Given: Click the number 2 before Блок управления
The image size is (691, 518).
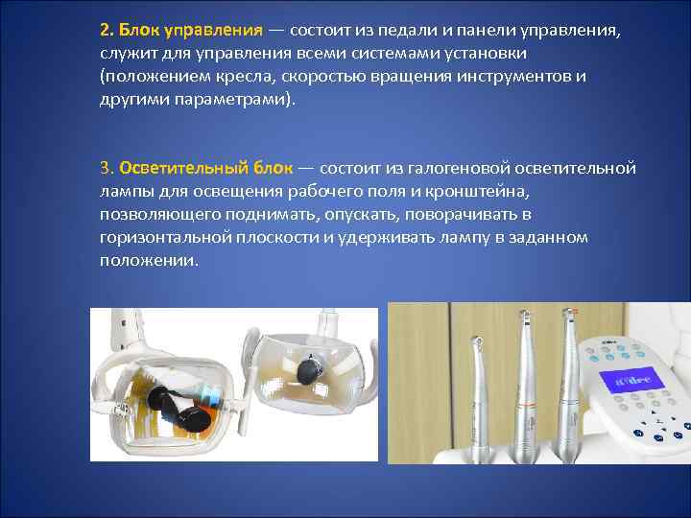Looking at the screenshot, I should [104, 29].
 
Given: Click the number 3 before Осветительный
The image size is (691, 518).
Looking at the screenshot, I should [104, 169].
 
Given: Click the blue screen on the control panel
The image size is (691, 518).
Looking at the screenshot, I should [625, 376].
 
